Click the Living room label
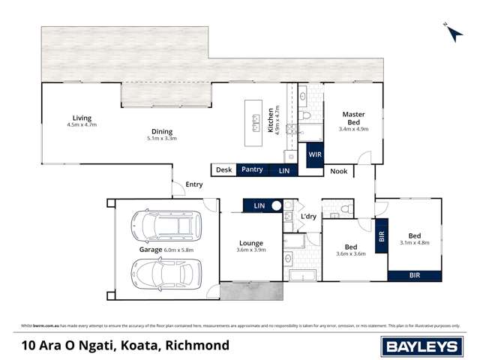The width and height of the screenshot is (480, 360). (82, 118)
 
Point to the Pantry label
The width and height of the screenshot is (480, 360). (252, 169)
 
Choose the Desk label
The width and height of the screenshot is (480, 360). (223, 169)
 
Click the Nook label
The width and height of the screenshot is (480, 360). (339, 172)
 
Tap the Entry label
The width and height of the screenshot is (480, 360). (194, 184)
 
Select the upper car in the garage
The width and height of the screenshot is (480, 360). (161, 225)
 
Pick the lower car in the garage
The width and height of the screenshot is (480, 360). (161, 273)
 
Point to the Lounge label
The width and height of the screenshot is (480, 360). (250, 243)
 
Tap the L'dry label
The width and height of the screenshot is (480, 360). (308, 217)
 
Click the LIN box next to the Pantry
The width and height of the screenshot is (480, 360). (284, 170)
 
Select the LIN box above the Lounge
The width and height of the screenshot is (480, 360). (259, 205)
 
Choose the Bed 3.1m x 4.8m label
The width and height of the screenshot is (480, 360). (415, 233)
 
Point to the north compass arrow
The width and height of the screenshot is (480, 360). (448, 28)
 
